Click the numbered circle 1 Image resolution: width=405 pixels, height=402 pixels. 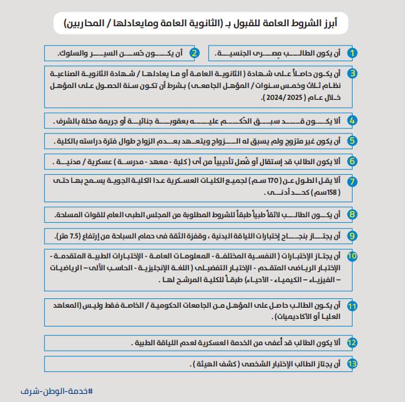pyautogui.click(x=352, y=53)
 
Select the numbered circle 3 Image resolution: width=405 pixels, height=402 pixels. pyautogui.click(x=352, y=73)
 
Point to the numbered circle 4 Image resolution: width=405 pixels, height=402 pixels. pyautogui.click(x=352, y=120)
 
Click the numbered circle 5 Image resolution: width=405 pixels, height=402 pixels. pyautogui.click(x=352, y=140)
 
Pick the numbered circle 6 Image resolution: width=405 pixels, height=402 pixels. pyautogui.click(x=352, y=161)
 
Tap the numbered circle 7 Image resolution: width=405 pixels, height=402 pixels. pyautogui.click(x=352, y=182)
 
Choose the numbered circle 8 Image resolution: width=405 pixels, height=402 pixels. pyautogui.click(x=352, y=215)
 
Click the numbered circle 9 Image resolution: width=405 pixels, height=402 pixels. pyautogui.click(x=352, y=235)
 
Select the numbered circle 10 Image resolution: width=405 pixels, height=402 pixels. pyautogui.click(x=352, y=256)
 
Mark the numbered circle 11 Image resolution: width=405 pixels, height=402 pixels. pyautogui.click(x=352, y=306)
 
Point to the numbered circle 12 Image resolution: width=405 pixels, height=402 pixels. pyautogui.click(x=352, y=343)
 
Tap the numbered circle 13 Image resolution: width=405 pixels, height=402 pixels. pyautogui.click(x=352, y=363)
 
